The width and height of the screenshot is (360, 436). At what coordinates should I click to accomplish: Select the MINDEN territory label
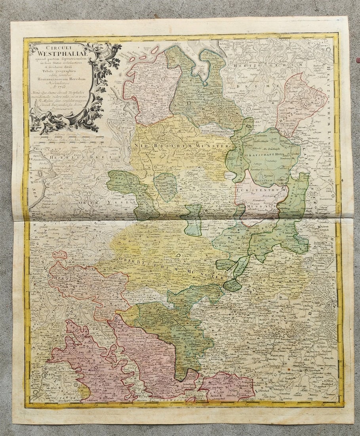click(257, 206)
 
